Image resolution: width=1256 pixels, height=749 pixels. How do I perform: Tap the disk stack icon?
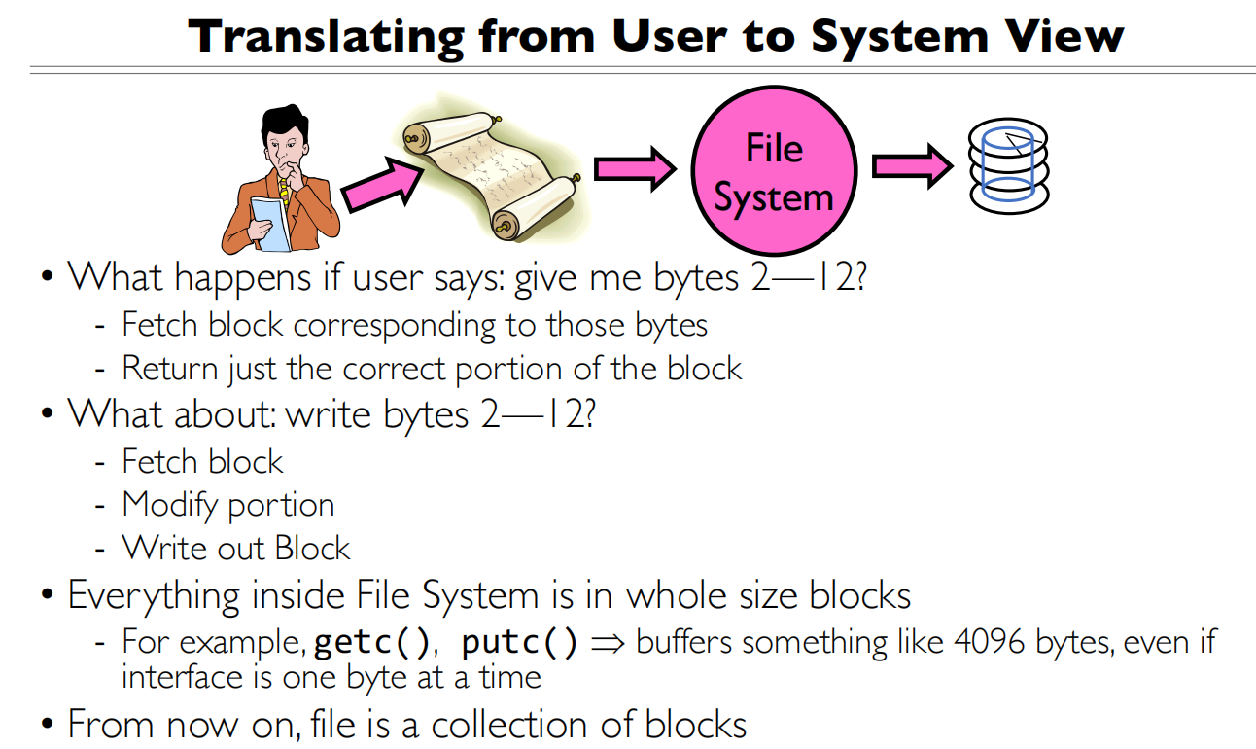[x=1009, y=166]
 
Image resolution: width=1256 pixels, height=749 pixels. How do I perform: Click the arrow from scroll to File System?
[x=633, y=168]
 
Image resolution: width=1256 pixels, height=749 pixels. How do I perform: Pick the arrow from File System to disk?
[x=910, y=166]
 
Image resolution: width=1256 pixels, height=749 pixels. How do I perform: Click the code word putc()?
[x=520, y=643]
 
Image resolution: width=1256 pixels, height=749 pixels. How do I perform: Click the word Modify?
[x=169, y=505]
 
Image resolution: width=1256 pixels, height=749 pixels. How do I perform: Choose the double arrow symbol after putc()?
[x=607, y=643]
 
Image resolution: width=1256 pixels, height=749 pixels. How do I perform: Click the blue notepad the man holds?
[x=271, y=223]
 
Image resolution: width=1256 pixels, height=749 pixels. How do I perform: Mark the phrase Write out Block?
[x=235, y=549]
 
